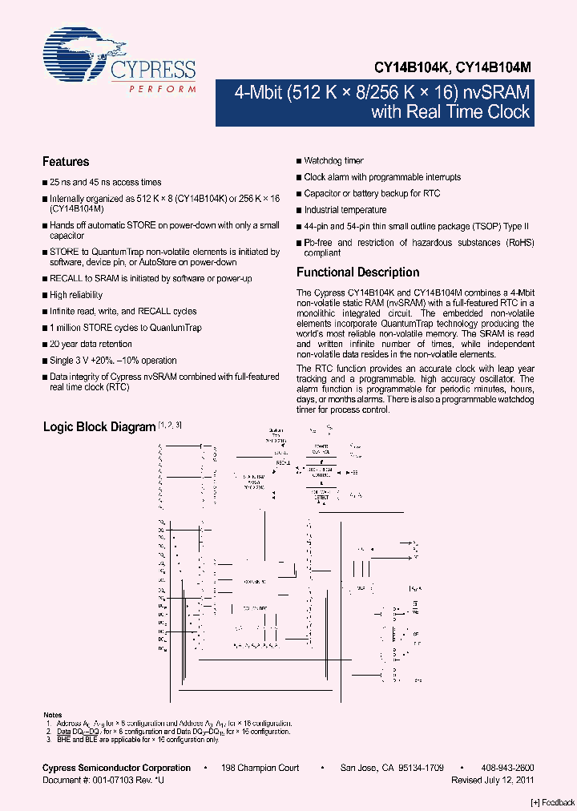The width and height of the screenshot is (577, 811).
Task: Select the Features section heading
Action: click(x=66, y=162)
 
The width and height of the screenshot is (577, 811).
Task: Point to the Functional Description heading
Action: click(x=357, y=272)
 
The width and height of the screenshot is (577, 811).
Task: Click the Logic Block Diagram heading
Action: click(x=99, y=427)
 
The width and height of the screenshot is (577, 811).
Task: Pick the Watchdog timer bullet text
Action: click(x=333, y=161)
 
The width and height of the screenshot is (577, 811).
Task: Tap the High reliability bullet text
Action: click(x=76, y=295)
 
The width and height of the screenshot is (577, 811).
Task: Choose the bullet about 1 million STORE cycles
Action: click(x=126, y=328)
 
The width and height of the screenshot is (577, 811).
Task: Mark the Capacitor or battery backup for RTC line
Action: click(x=372, y=194)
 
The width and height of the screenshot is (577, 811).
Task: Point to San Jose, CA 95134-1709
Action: click(x=392, y=768)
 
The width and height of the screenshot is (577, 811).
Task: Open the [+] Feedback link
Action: click(x=553, y=803)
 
